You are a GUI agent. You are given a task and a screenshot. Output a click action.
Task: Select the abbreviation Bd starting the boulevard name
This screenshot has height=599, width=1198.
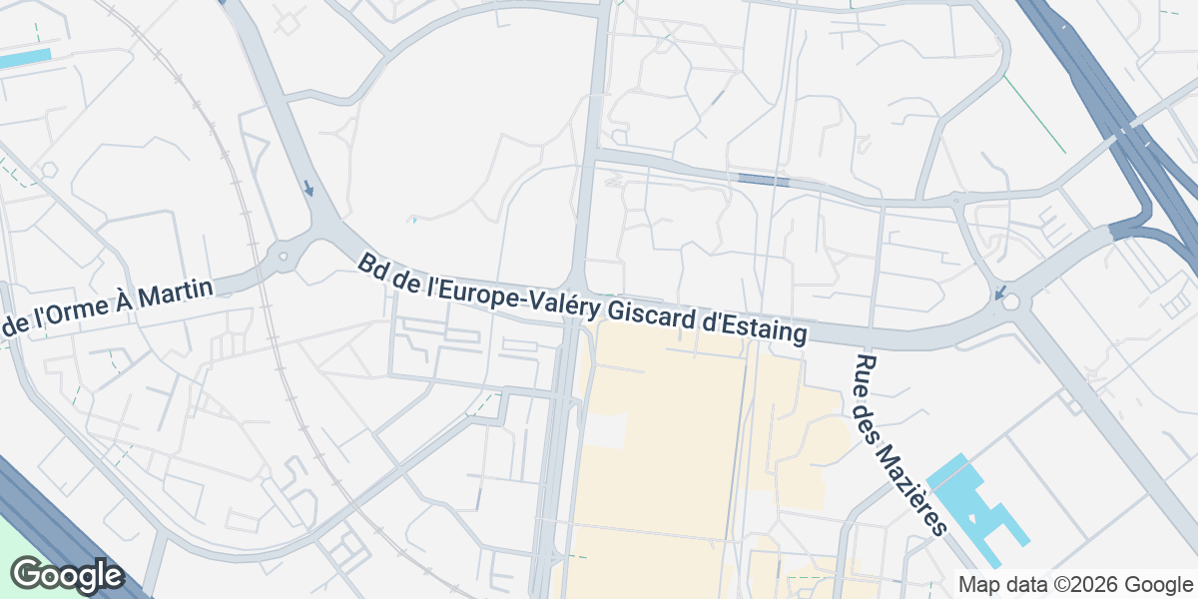tap(372, 266)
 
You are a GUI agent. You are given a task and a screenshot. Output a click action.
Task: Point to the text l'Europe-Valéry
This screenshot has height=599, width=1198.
tap(497, 290)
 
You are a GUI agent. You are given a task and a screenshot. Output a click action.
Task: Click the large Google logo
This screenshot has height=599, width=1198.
tap(67, 575)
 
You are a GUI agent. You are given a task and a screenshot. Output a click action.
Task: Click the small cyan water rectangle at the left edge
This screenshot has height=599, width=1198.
tap(23, 58)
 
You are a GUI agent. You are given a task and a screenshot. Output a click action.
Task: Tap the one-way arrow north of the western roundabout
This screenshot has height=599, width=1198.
tap(309, 188)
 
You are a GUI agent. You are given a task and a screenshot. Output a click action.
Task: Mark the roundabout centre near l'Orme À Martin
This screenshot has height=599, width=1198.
tap(284, 257)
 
